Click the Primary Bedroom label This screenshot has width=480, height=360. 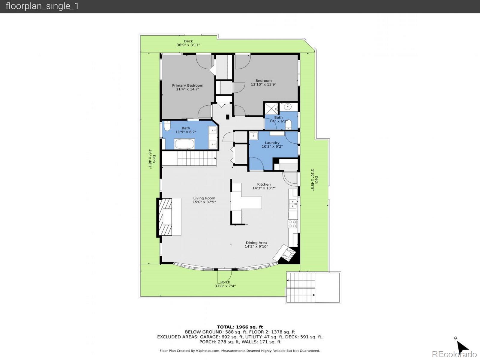pyautogui.click(x=187, y=87)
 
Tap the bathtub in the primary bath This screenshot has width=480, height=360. pyautogui.click(x=184, y=144)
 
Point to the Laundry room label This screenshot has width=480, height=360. pyautogui.click(x=272, y=145)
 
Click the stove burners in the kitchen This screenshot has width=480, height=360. pyautogui.click(x=292, y=223)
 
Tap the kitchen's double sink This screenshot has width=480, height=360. pyautogui.click(x=292, y=204)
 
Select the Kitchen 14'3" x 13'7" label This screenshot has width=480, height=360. pyautogui.click(x=264, y=186)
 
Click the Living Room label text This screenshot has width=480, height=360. pyautogui.click(x=204, y=200)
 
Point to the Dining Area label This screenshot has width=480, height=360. pyautogui.click(x=256, y=244)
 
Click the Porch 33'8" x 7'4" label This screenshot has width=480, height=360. pyautogui.click(x=225, y=284)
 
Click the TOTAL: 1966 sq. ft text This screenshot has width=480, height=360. pyautogui.click(x=240, y=327)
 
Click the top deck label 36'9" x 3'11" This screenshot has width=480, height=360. pyautogui.click(x=188, y=43)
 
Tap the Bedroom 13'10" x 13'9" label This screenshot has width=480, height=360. pyautogui.click(x=263, y=82)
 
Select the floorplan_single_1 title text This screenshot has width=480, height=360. pyautogui.click(x=42, y=6)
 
